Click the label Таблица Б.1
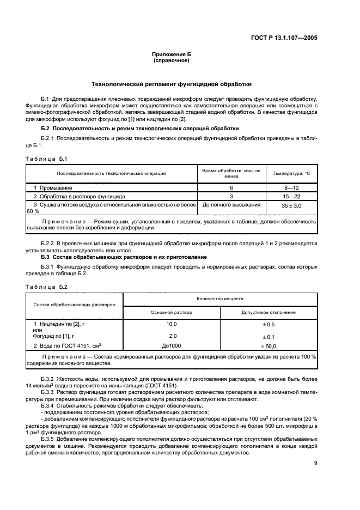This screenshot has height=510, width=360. pyautogui.click(x=47, y=159)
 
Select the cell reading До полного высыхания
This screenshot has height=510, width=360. pyautogui.click(x=231, y=205)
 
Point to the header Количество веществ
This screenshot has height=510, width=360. pyautogui.click(x=220, y=299)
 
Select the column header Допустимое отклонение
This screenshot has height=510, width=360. pyautogui.click(x=269, y=312)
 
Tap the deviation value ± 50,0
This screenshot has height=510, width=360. pyautogui.click(x=269, y=346)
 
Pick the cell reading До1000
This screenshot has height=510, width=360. pyautogui.click(x=172, y=346)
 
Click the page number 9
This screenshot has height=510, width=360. pyautogui.click(x=316, y=463)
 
